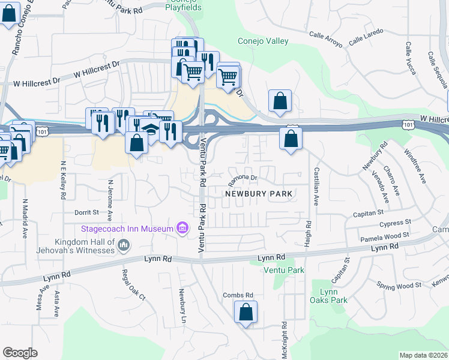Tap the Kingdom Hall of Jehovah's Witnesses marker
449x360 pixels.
pyautogui.click(x=124, y=245)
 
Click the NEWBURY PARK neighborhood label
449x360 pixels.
pyautogui.click(x=259, y=194)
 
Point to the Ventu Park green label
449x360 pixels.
pyautogui.click(x=284, y=271)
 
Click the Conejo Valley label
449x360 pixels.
pyautogui.click(x=263, y=41)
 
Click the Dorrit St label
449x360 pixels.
pyautogui.click(x=86, y=212)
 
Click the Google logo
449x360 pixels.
pyautogui.click(x=20, y=353)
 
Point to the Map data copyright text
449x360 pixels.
pyautogui.click(x=424, y=355)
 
